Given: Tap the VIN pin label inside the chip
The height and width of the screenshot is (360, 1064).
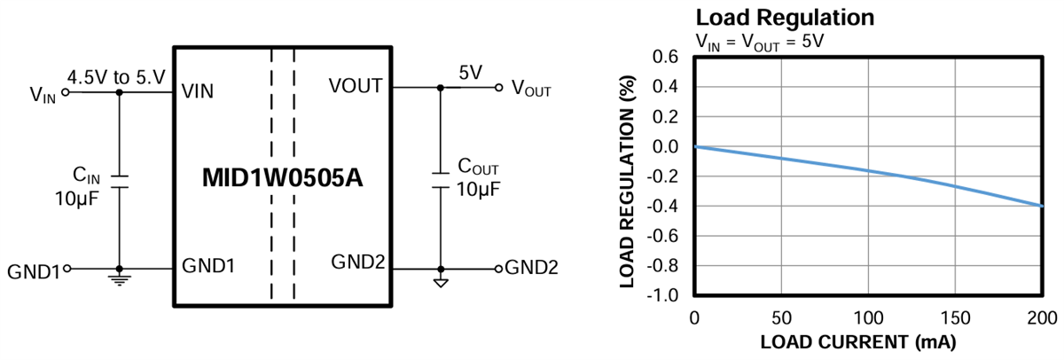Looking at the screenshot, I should (198, 91).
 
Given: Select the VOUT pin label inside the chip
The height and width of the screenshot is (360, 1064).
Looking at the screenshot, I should (355, 87).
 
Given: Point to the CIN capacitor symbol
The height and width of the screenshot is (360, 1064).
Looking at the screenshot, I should (119, 181).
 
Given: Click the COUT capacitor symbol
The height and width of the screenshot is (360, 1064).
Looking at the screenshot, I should (439, 181).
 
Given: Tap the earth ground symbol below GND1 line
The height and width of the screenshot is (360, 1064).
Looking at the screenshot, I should (119, 280).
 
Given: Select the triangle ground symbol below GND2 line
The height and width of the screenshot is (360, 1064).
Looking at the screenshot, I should (439, 283).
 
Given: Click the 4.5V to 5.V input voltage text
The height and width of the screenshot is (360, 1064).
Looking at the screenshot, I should (117, 75).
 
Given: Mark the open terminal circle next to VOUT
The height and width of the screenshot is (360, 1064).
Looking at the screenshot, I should (499, 88).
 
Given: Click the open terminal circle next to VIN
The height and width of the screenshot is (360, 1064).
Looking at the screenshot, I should (64, 91).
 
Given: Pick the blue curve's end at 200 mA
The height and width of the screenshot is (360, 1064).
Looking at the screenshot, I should (1041, 206).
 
